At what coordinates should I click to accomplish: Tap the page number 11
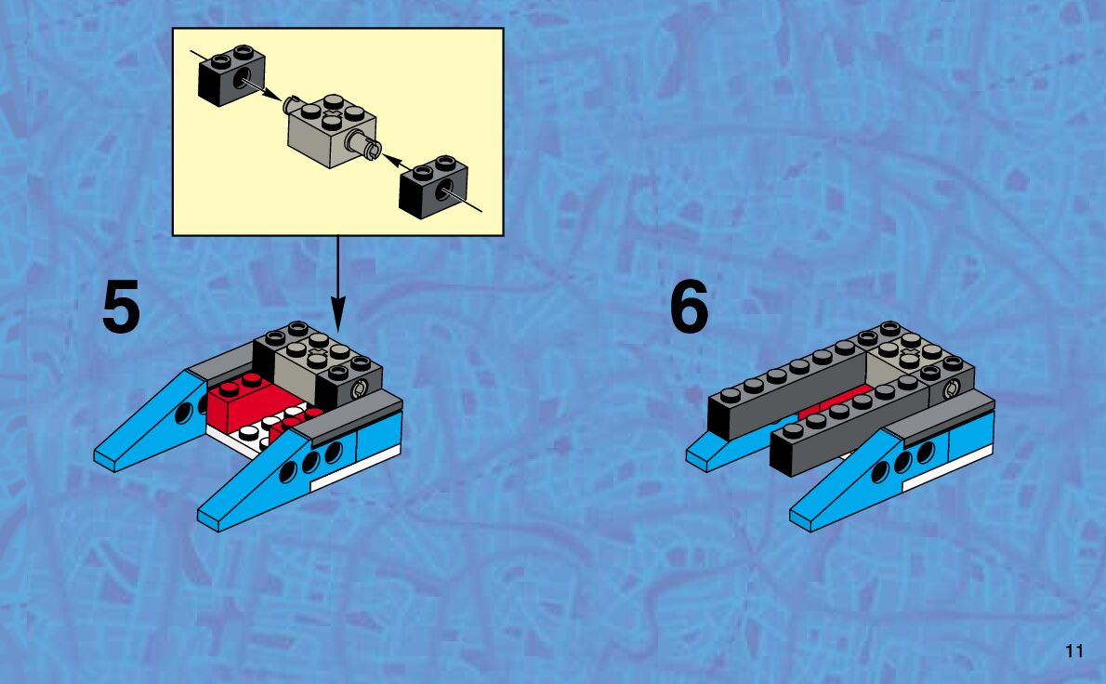(x=1074, y=651)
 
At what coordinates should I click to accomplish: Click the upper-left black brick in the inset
(x=231, y=75)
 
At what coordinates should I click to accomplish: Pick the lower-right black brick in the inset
(x=433, y=187)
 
